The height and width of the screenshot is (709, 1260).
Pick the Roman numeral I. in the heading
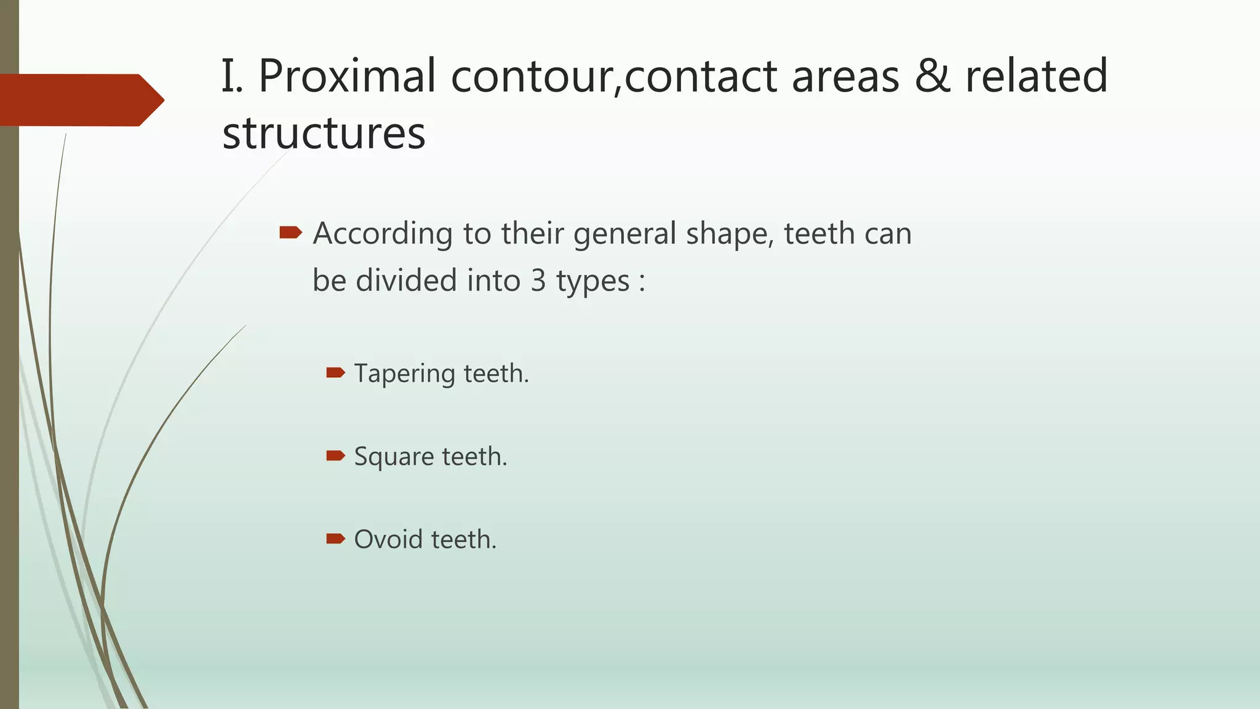click(x=233, y=76)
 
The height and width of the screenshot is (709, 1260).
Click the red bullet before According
click(x=290, y=233)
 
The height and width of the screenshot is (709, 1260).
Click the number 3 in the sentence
click(x=538, y=281)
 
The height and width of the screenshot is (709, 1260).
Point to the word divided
click(x=406, y=281)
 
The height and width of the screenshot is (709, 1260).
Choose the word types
click(x=592, y=282)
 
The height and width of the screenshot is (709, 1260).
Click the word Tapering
click(x=404, y=374)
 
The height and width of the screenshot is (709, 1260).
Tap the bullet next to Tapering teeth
click(x=335, y=372)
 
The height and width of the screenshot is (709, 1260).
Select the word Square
click(x=394, y=457)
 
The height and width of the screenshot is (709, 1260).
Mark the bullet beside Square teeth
click(x=335, y=455)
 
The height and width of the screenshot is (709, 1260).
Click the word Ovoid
click(x=388, y=540)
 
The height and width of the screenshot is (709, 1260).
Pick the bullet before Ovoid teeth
click(x=335, y=539)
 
